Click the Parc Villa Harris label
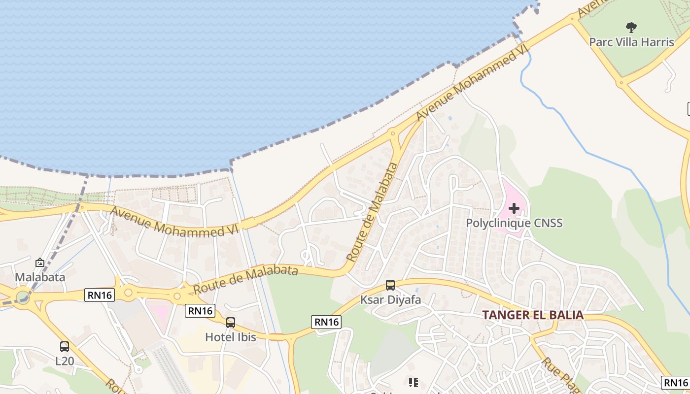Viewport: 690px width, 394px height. pos(631,42)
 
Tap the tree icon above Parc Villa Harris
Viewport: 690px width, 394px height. pos(631,27)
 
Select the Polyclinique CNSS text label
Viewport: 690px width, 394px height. pos(514,223)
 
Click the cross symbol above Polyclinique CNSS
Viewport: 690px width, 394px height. pos(514,208)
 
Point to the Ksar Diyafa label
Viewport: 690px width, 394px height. pos(390,299)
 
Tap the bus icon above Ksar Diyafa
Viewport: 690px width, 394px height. pos(390,285)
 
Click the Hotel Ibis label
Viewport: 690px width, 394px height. pos(231,337)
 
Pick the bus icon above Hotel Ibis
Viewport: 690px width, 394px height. pos(231,323)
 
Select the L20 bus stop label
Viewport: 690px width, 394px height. pos(65,361)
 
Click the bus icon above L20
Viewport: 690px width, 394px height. pos(65,346)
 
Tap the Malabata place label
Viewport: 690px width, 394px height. pos(40,277)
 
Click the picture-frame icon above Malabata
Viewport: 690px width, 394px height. pos(40,263)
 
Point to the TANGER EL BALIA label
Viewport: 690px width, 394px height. pos(532,315)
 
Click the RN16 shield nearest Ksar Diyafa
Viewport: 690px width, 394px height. pos(326,322)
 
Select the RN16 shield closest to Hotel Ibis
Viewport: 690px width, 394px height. pos(200,311)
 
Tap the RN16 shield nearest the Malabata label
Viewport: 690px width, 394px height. pos(100,295)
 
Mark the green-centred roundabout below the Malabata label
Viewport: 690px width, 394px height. pos(22,297)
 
